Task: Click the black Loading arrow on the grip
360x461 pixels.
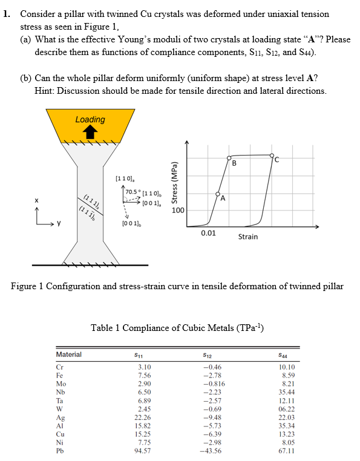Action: [90, 132]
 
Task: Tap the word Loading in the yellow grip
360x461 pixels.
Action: [90, 120]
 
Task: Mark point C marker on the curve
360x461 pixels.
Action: [272, 155]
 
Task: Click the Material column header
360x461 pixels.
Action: [68, 355]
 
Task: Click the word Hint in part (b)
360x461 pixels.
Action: [45, 91]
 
